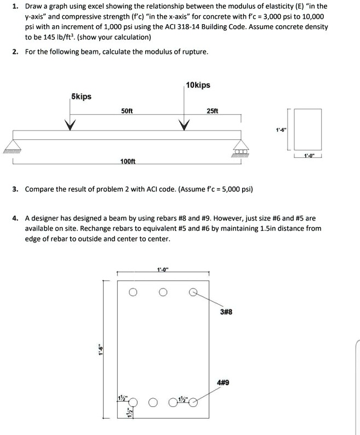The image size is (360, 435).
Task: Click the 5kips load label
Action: click(x=81, y=97)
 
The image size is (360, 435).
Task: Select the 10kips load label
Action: click(x=198, y=85)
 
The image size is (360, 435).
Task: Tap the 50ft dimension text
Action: click(x=127, y=111)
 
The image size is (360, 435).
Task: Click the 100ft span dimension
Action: click(x=128, y=161)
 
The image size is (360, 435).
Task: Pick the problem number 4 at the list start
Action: click(x=16, y=217)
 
